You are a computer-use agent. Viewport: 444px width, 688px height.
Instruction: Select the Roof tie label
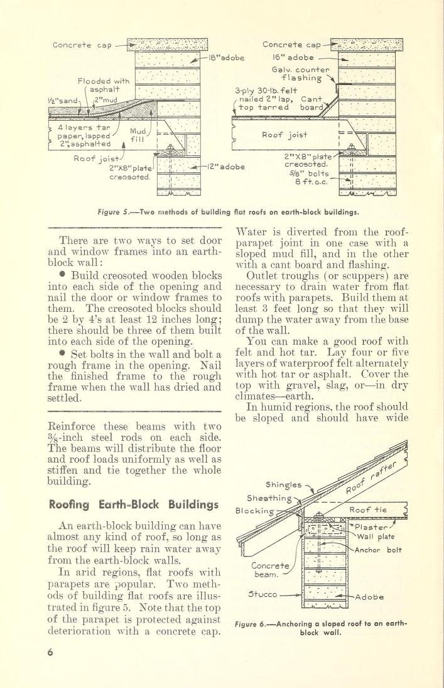(371, 510)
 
